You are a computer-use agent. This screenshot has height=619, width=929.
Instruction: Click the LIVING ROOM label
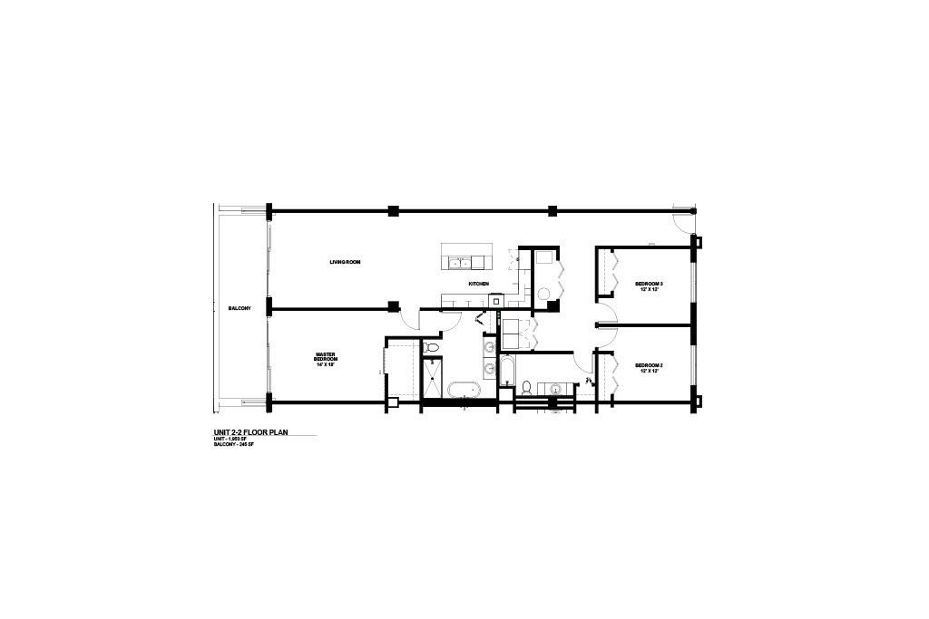click(x=346, y=262)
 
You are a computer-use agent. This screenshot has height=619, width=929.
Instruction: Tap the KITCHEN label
click(x=478, y=284)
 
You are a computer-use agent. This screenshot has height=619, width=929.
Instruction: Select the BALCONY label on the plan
click(x=240, y=309)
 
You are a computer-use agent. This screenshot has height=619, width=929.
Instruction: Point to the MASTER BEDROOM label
click(x=327, y=357)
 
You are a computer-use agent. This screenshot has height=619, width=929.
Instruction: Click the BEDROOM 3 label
click(x=649, y=285)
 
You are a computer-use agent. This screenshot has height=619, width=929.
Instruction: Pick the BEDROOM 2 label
click(x=649, y=365)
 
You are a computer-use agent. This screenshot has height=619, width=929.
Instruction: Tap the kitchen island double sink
click(x=463, y=263)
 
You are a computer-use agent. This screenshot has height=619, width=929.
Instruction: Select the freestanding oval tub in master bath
click(x=463, y=391)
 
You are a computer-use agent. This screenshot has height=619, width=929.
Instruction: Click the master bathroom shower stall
click(x=433, y=379)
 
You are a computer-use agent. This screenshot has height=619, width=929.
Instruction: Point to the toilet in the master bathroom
click(x=433, y=347)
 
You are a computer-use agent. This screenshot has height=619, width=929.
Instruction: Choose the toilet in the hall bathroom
click(x=525, y=388)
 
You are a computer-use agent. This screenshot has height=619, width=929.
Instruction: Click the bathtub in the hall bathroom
click(x=506, y=372)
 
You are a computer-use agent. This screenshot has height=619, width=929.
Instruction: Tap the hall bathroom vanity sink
click(x=555, y=389)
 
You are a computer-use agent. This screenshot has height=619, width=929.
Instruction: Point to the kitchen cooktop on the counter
click(x=497, y=300)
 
